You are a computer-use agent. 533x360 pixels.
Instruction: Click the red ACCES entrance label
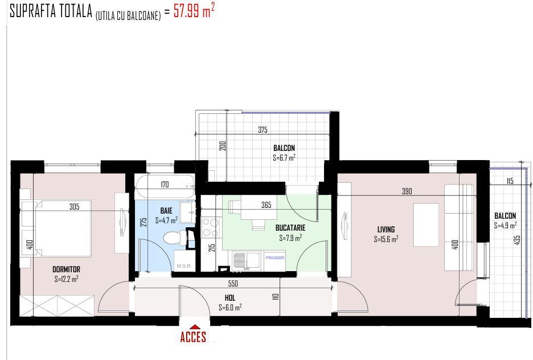coord(193,337)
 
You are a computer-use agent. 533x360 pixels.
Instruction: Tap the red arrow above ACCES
coord(194,327)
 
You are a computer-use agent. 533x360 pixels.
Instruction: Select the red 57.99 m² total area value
coord(194,11)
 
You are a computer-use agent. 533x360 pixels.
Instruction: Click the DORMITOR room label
coord(66,269)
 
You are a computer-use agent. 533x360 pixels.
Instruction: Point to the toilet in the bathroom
coord(175,238)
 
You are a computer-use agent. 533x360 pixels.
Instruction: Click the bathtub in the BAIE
coord(165,186)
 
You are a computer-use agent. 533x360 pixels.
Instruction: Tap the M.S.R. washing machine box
coord(184,261)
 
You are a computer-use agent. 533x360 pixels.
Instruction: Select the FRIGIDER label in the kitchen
coord(275,258)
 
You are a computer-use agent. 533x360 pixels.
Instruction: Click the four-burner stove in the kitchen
coord(211,227)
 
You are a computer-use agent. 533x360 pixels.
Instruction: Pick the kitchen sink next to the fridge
coord(247,261)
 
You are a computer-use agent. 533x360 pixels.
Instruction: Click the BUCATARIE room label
coord(290,228)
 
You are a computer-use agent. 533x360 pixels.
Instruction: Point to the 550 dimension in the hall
coord(233,283)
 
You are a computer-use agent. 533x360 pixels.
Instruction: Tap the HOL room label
coord(230,298)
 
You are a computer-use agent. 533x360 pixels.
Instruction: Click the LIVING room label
coord(386,230)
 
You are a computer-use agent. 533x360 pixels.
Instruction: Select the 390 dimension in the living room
coord(407,191)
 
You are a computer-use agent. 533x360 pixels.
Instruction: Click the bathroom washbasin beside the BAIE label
coord(187,212)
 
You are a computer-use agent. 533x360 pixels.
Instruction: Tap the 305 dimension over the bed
coord(75,206)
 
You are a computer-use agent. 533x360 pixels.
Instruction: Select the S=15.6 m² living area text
coord(386,239)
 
